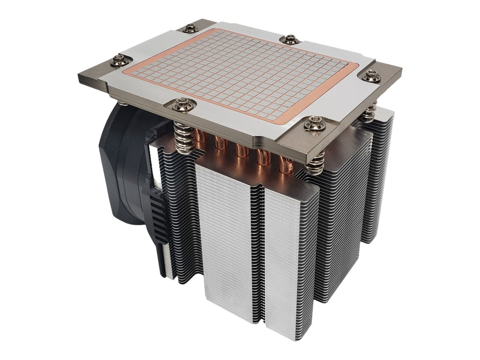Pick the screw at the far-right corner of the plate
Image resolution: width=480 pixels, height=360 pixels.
[372, 75]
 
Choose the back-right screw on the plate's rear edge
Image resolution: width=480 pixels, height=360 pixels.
[289, 39]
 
